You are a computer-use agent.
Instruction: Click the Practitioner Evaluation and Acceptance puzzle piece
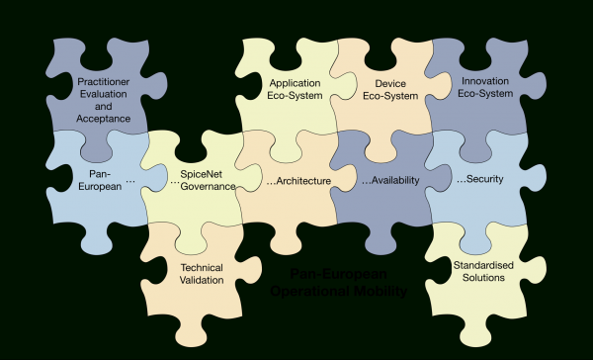tap(103, 99)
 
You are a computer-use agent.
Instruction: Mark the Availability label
tap(387, 182)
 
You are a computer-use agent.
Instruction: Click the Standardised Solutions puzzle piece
tap(479, 272)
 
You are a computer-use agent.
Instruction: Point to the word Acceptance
tap(103, 119)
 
